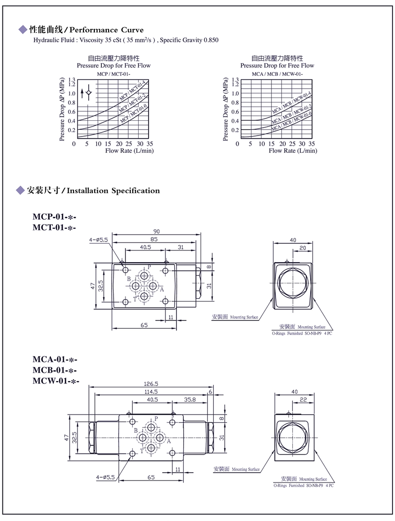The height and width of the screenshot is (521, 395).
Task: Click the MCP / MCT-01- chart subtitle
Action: [x=113, y=73]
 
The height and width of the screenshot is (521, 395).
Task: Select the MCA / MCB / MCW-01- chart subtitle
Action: [x=276, y=73]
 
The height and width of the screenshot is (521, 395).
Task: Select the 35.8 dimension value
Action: [x=190, y=400]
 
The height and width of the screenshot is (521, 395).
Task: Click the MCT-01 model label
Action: [x=54, y=227]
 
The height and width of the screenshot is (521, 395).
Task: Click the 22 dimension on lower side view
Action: [x=304, y=400]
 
